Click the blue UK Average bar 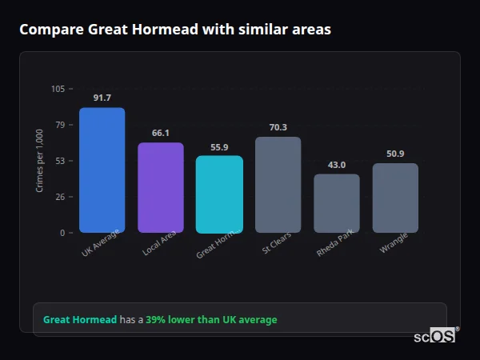pyautogui.click(x=102, y=170)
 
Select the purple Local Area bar pyautogui.click(x=161, y=188)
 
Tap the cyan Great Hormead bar pyautogui.click(x=219, y=194)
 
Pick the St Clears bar pyautogui.click(x=278, y=185)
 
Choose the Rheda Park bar pyautogui.click(x=337, y=203)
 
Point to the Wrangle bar pyautogui.click(x=395, y=198)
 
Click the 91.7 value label pyautogui.click(x=102, y=98)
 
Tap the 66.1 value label pyautogui.click(x=161, y=133)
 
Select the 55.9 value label pyautogui.click(x=219, y=147)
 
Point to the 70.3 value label pyautogui.click(x=278, y=127)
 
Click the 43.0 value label pyautogui.click(x=337, y=165)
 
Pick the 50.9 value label pyautogui.click(x=395, y=154)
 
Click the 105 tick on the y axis pyautogui.click(x=58, y=89)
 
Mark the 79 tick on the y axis pyautogui.click(x=60, y=125)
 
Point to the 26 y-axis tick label pyautogui.click(x=60, y=197)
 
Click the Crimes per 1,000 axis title pyautogui.click(x=40, y=161)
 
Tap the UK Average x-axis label pyautogui.click(x=101, y=243)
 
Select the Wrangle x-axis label pyautogui.click(x=394, y=243)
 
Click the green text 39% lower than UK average pyautogui.click(x=211, y=320)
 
